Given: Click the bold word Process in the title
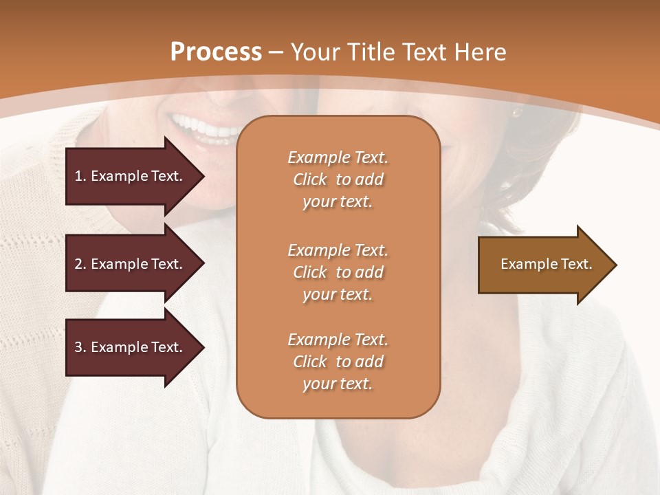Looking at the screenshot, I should [216, 52].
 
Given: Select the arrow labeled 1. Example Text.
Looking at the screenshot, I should [131, 176].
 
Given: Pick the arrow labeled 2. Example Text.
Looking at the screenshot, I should [131, 264].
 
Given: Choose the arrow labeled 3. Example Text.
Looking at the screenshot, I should [131, 347].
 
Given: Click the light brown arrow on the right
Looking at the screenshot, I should [543, 265].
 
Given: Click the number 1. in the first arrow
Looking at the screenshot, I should [80, 176].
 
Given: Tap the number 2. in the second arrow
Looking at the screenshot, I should [80, 264].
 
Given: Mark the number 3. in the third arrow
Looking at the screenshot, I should [80, 347].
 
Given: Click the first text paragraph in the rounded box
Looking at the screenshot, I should [338, 179].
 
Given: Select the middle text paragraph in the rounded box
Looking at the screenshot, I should [338, 272].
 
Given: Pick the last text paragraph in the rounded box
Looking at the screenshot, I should [338, 362].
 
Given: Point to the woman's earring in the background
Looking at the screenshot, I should [516, 111].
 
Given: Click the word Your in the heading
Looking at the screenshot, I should [313, 52].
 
